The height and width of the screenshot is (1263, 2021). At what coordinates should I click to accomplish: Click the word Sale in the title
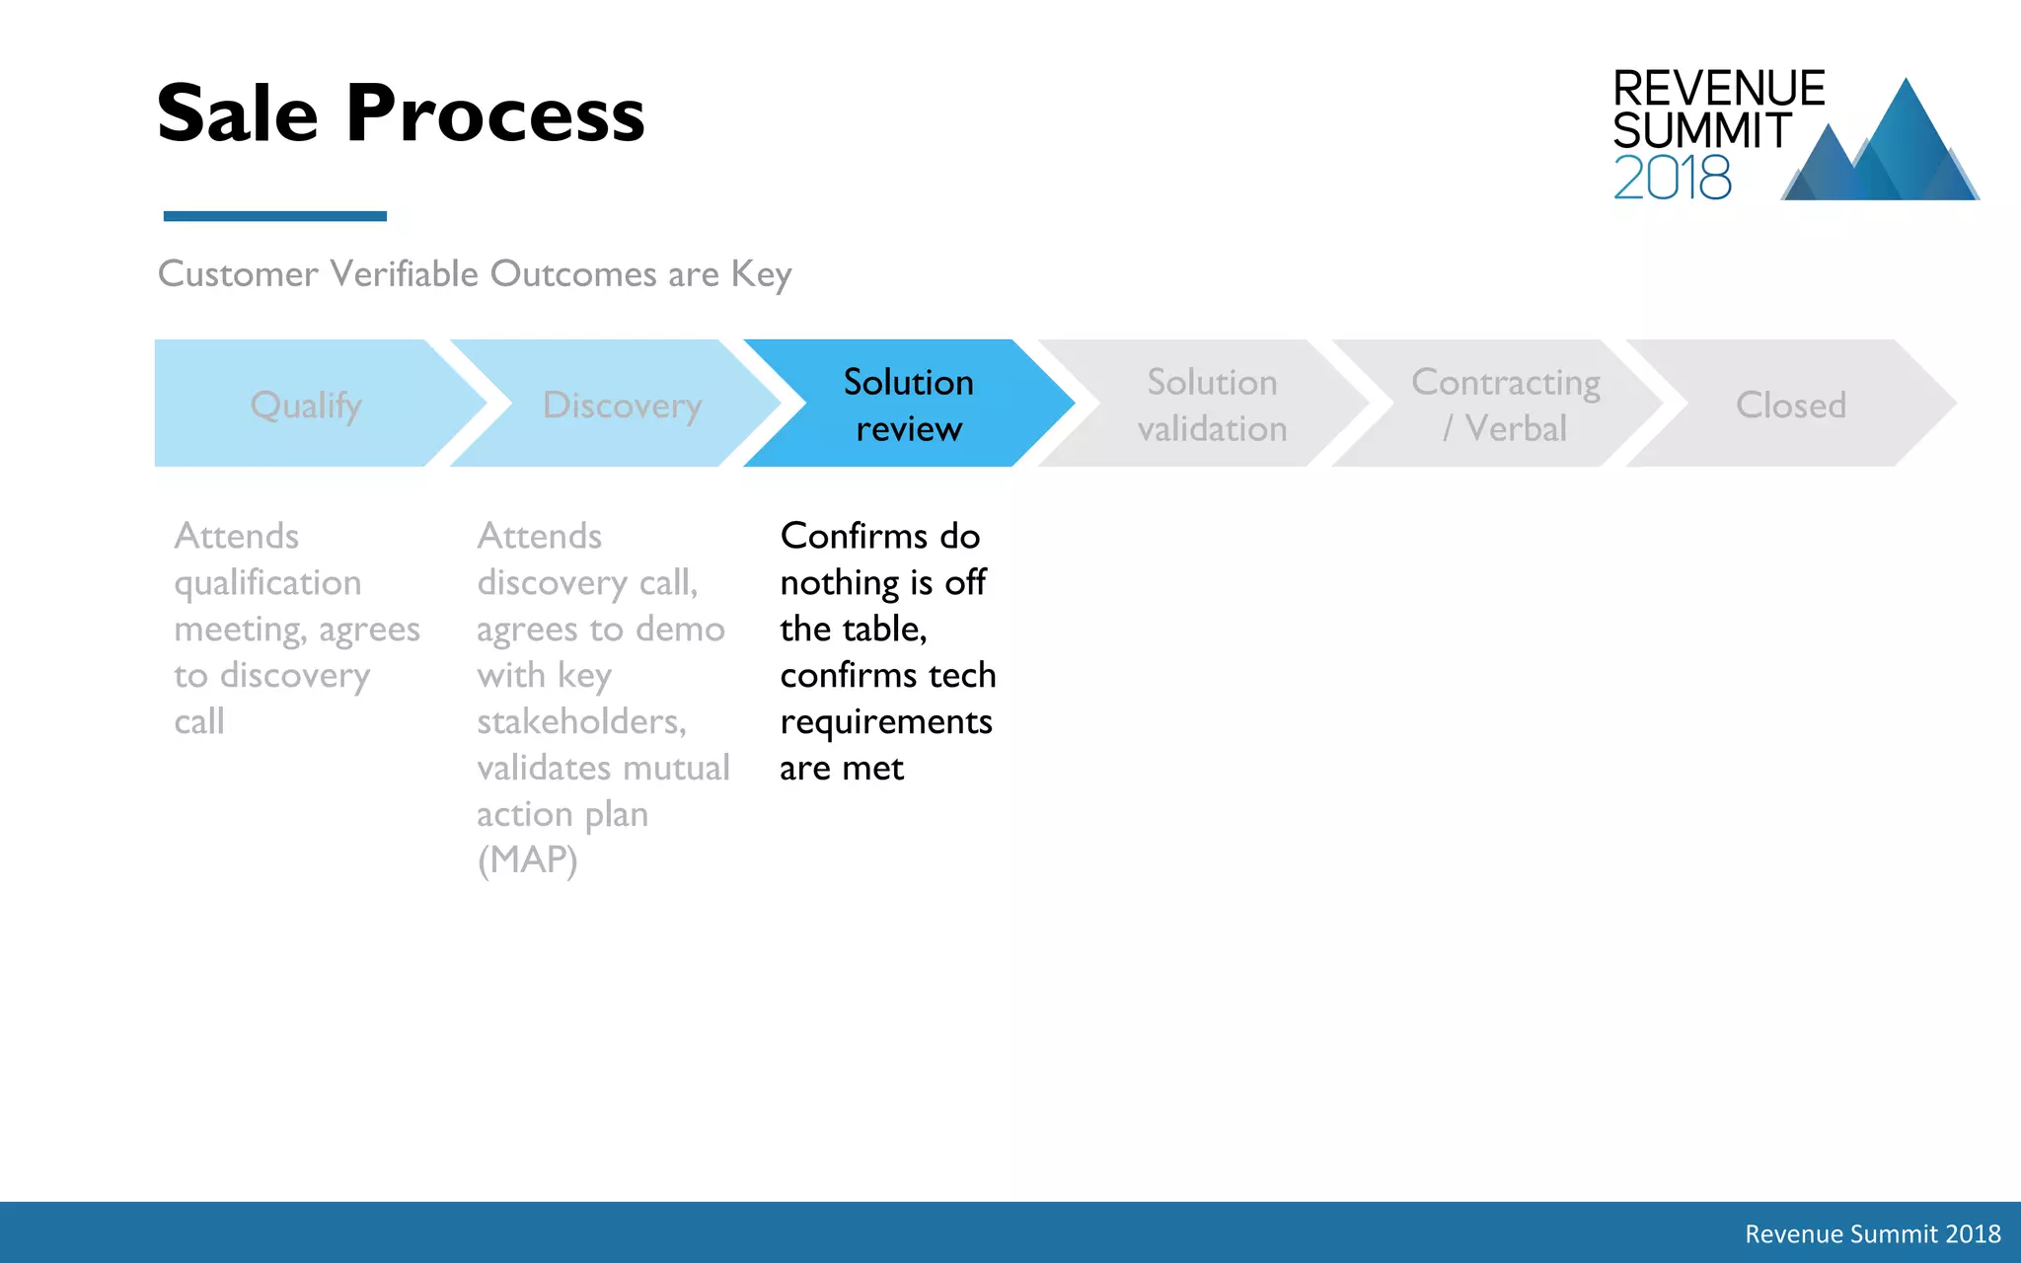(237, 113)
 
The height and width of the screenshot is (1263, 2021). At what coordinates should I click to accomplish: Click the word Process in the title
(494, 113)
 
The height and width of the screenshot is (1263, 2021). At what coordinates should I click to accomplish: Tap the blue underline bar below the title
(274, 215)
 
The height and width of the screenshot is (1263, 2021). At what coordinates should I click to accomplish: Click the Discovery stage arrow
(622, 405)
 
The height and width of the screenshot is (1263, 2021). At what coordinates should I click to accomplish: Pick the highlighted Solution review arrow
(908, 405)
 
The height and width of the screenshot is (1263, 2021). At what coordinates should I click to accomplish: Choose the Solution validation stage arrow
(1211, 405)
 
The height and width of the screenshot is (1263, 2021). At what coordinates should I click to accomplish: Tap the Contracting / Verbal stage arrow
(1505, 405)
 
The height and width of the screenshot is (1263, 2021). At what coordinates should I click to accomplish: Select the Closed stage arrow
(1790, 405)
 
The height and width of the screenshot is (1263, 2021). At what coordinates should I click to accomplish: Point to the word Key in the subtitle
(761, 274)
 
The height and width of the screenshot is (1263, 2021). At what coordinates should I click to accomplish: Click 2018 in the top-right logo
(1672, 178)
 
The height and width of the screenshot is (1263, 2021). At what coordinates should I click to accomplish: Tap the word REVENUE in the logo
(1718, 89)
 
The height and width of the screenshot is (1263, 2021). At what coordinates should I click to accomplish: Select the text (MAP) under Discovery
(527, 860)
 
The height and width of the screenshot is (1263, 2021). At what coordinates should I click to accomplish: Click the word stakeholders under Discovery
(580, 721)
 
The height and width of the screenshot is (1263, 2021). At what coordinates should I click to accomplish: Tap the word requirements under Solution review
(885, 722)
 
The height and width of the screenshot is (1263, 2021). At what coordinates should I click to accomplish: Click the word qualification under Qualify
(267, 583)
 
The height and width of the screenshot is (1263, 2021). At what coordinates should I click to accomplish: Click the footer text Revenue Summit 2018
(1872, 1233)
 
